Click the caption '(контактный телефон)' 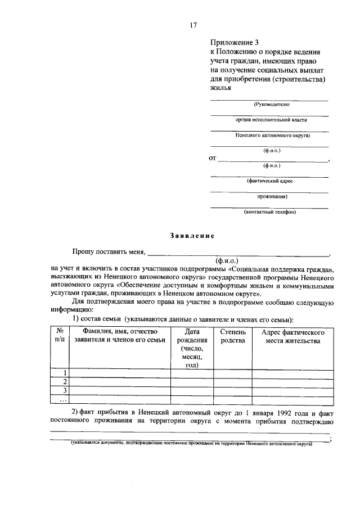pos(269,212)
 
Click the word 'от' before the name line pos(213,159)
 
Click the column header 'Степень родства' pos(233,336)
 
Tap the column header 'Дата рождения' pos(192,336)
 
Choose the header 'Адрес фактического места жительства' pos(293,336)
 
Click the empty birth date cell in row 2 pos(192,382)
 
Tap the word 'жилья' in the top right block pos(220,88)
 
